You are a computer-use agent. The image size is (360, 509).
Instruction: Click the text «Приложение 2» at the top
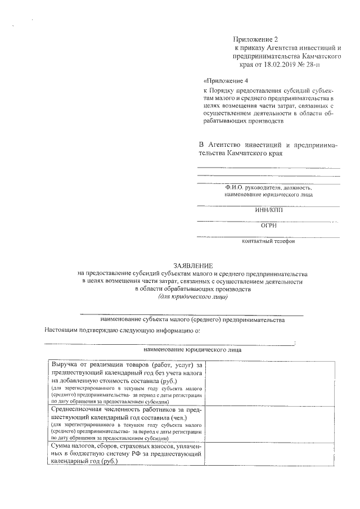256,39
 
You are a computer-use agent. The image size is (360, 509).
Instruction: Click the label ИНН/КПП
269,211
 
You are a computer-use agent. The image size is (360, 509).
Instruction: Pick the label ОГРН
269,226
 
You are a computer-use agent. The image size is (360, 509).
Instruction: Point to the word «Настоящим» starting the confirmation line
64,330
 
